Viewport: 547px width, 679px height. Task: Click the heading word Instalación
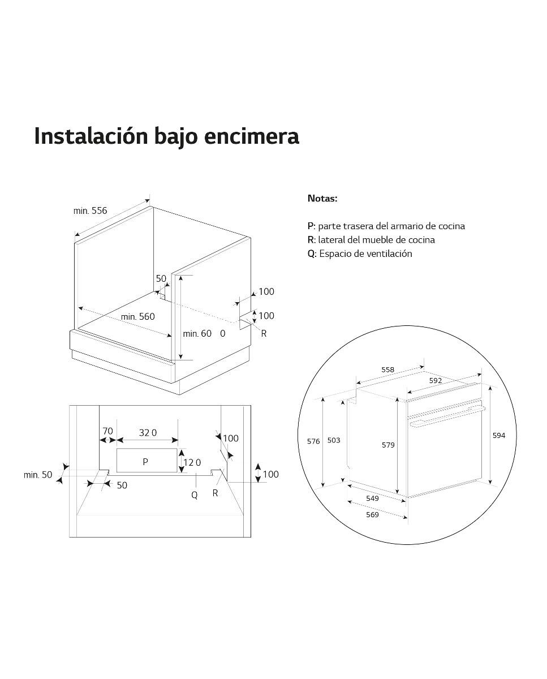91,136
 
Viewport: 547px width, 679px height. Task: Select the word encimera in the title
252,136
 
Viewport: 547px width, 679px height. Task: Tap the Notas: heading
322,199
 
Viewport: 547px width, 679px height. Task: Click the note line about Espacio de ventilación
360,253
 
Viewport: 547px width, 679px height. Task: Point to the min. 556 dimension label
90,210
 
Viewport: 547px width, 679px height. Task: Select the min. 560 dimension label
138,316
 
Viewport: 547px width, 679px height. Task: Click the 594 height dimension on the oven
499,436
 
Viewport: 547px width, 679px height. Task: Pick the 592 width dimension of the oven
436,380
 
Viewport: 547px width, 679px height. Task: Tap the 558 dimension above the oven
387,369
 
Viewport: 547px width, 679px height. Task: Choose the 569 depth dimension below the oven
373,514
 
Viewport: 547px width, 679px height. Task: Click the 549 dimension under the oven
373,498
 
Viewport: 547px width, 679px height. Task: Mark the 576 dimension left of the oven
313,441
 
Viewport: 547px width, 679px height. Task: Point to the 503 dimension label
334,440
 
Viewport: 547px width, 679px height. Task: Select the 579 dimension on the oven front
388,445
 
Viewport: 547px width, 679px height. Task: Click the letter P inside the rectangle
145,462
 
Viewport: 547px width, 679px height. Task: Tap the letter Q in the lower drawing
195,495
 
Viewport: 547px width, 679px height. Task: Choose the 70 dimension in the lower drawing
108,431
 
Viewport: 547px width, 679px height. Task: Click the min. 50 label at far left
38,475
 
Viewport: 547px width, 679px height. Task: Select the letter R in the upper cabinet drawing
264,333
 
